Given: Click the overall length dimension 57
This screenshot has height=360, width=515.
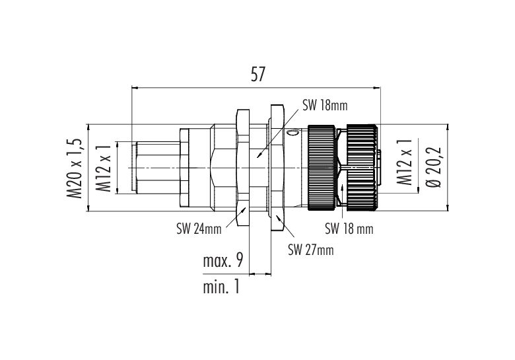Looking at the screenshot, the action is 257,74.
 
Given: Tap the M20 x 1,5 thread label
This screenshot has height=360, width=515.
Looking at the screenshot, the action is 75,168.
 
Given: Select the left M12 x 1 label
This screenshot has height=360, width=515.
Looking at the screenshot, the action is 104,168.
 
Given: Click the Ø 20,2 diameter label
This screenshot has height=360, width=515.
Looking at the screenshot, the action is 434,167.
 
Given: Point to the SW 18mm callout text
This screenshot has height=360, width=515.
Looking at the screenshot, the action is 325,106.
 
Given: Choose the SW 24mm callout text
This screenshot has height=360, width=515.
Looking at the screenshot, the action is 199,229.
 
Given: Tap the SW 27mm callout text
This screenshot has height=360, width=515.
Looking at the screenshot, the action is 311,250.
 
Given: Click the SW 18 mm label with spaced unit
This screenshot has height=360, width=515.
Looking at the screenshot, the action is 349,229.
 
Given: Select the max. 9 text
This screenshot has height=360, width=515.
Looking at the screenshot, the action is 223,261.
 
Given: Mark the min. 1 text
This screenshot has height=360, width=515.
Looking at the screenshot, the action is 221,287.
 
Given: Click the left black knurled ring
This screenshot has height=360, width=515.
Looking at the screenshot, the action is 322,168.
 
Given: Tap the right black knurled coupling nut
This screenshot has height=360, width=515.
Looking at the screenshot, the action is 361,168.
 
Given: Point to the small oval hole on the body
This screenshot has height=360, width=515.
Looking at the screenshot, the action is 292,133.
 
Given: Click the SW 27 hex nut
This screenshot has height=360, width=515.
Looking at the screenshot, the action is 277,168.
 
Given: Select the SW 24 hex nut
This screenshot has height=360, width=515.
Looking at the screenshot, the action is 243,168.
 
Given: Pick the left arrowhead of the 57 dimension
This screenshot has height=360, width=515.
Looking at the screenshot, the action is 133,88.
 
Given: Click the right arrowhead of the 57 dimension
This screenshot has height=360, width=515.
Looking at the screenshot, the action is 378,88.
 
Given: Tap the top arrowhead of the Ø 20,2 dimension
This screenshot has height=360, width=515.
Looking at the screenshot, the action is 448,127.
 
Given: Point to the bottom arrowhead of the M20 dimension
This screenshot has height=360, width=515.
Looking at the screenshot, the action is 88,209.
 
